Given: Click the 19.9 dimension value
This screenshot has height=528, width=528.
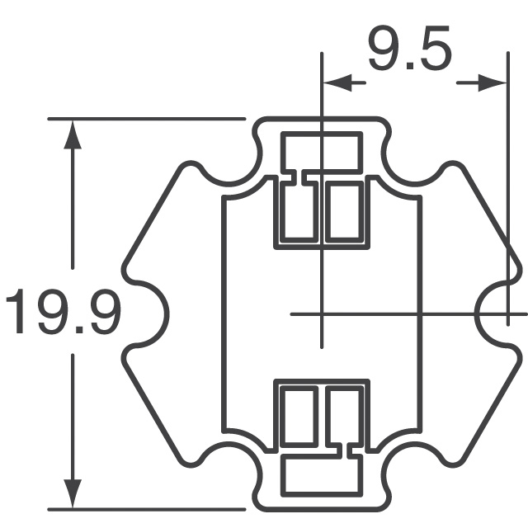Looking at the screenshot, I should coord(64,313).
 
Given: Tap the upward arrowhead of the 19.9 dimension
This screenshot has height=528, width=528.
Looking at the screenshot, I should coord(74,135).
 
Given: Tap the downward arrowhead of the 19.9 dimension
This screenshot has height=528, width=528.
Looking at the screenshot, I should coord(74,493).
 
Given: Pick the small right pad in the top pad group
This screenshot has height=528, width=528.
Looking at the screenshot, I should coord(343,211).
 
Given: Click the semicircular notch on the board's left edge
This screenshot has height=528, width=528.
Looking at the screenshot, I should coord(153,314).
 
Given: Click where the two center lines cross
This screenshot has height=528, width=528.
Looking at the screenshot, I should coord(322,313).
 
